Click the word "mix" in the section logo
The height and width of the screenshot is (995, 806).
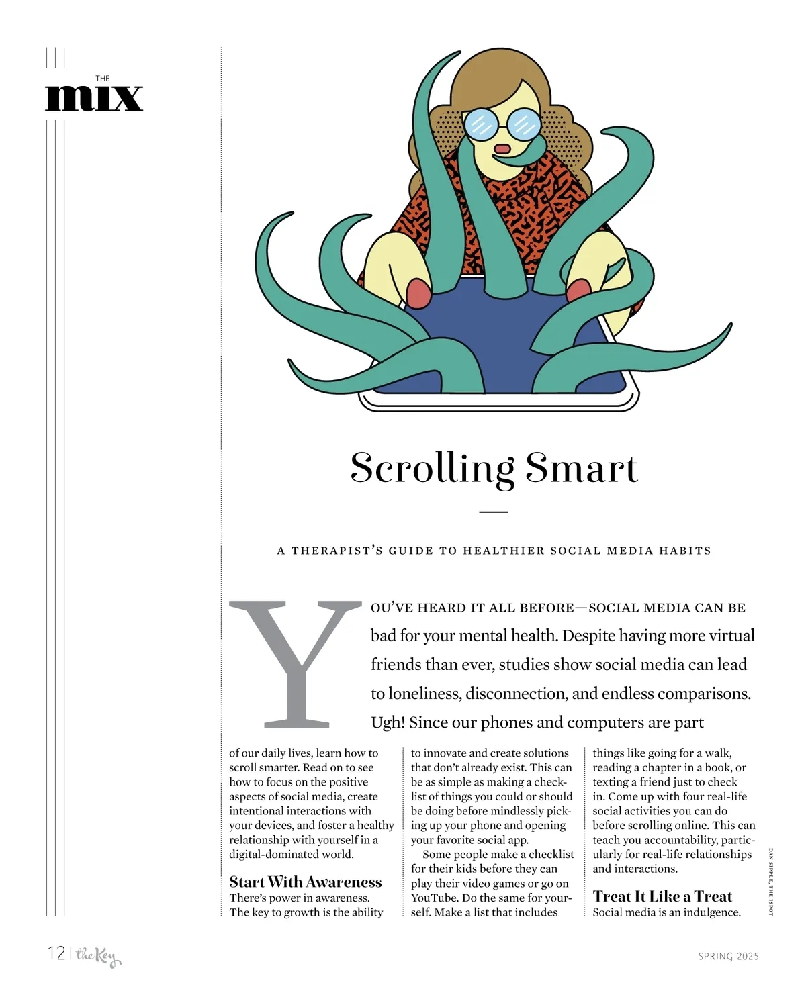click(94, 98)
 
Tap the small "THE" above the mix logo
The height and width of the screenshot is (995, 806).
click(103, 79)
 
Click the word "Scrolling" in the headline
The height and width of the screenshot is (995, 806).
click(432, 468)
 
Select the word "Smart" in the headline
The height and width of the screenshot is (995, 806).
click(582, 468)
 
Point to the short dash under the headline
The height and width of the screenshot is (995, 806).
click(494, 512)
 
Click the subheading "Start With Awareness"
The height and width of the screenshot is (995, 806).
click(305, 882)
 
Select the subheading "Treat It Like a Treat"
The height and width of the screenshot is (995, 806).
click(662, 896)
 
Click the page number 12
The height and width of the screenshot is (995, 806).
click(56, 953)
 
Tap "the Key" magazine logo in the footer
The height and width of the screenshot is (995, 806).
click(98, 956)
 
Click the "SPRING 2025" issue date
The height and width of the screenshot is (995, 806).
click(728, 956)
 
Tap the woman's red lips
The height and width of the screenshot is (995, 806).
click(502, 148)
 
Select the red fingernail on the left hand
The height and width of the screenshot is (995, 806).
click(418, 293)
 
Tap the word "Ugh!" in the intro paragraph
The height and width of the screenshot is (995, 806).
click(388, 722)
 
